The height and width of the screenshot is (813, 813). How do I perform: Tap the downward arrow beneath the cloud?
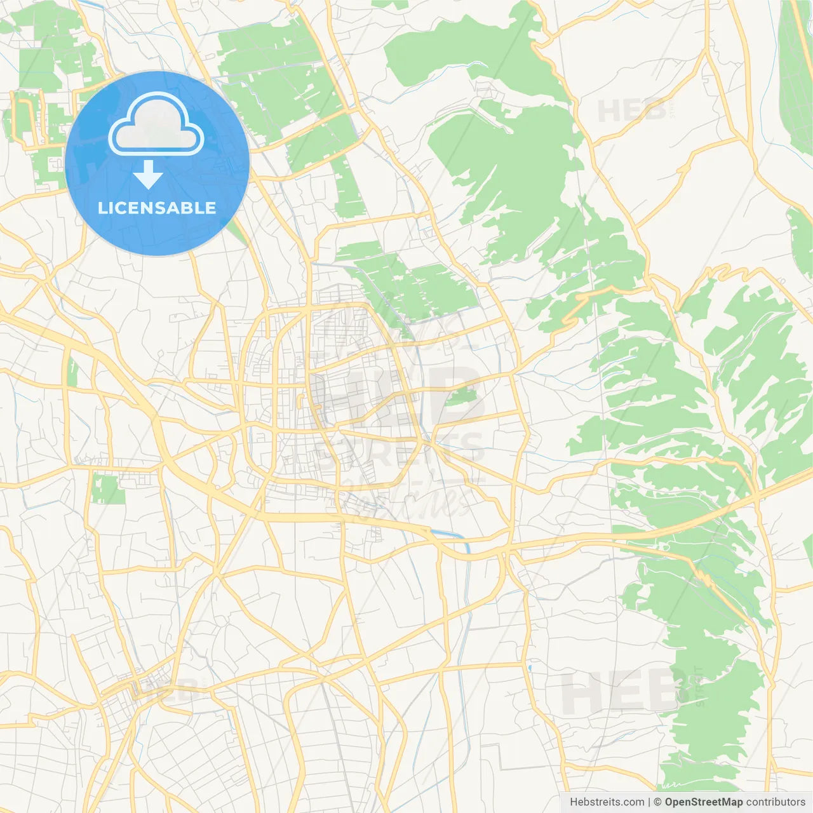click(x=148, y=175)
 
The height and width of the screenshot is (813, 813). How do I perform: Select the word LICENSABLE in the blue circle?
click(x=157, y=208)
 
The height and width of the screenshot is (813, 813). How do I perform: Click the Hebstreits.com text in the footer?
click(x=607, y=802)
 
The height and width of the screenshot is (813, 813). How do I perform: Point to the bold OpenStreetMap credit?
click(x=703, y=802)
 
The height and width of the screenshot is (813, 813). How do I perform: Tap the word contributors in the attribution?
click(x=776, y=802)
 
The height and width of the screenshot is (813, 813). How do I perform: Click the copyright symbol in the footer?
click(x=658, y=802)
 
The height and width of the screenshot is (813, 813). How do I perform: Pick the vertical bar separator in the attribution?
click(x=649, y=802)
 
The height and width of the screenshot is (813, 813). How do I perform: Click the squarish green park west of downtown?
click(x=105, y=488)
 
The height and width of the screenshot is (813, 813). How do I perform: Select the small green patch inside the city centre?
click(x=462, y=398)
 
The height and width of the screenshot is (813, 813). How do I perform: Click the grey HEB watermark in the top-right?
click(x=631, y=112)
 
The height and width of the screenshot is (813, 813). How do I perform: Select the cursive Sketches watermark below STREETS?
click(x=406, y=499)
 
